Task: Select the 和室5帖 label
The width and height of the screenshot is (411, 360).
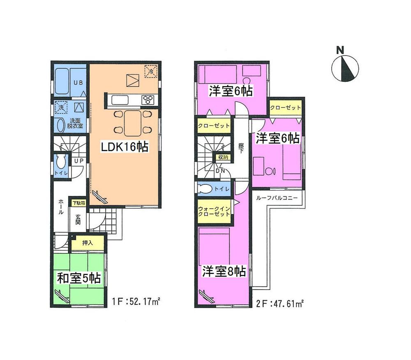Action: pyautogui.click(x=79, y=279)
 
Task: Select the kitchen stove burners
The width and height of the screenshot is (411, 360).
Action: pyautogui.click(x=148, y=100)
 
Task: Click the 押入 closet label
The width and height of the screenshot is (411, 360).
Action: pyautogui.click(x=88, y=243)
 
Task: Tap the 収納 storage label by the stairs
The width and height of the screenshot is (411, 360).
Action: pyautogui.click(x=223, y=157)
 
